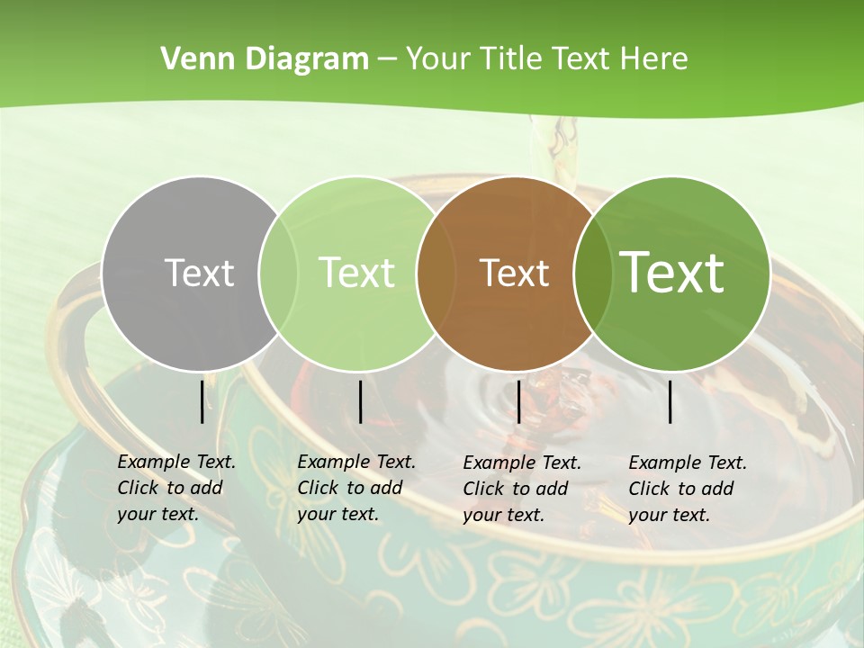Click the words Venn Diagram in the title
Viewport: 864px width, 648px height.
click(x=265, y=59)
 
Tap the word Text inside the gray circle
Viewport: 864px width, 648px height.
click(x=199, y=273)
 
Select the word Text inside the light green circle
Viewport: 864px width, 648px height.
click(x=356, y=273)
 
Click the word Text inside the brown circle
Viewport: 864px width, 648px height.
click(x=514, y=273)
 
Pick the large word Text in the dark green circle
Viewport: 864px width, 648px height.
click(x=672, y=272)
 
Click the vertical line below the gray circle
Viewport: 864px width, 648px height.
click(x=202, y=401)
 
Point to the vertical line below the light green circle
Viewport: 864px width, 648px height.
click(x=360, y=401)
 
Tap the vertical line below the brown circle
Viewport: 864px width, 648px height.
click(x=518, y=401)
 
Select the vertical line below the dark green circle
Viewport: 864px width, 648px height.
click(x=670, y=401)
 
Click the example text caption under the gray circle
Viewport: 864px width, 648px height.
click(x=176, y=488)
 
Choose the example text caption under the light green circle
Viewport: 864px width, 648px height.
click(x=356, y=488)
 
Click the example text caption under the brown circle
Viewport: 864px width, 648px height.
click(x=522, y=489)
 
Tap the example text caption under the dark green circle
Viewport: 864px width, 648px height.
click(x=688, y=489)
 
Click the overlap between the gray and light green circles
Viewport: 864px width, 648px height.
click(x=278, y=274)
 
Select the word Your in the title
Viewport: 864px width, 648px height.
click(x=439, y=59)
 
